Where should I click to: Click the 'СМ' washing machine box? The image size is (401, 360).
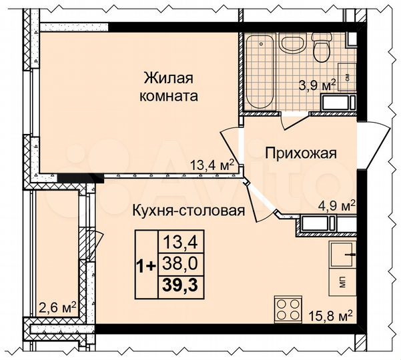(346, 76)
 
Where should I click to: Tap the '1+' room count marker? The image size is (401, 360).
(147, 265)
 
